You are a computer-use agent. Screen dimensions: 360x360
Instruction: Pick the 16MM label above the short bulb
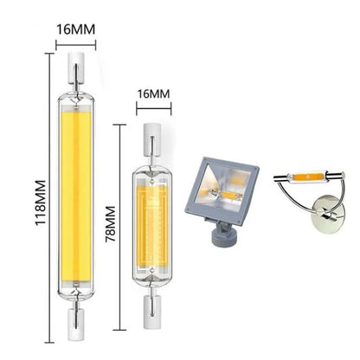153,89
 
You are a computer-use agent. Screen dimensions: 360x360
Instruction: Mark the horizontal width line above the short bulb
153,107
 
